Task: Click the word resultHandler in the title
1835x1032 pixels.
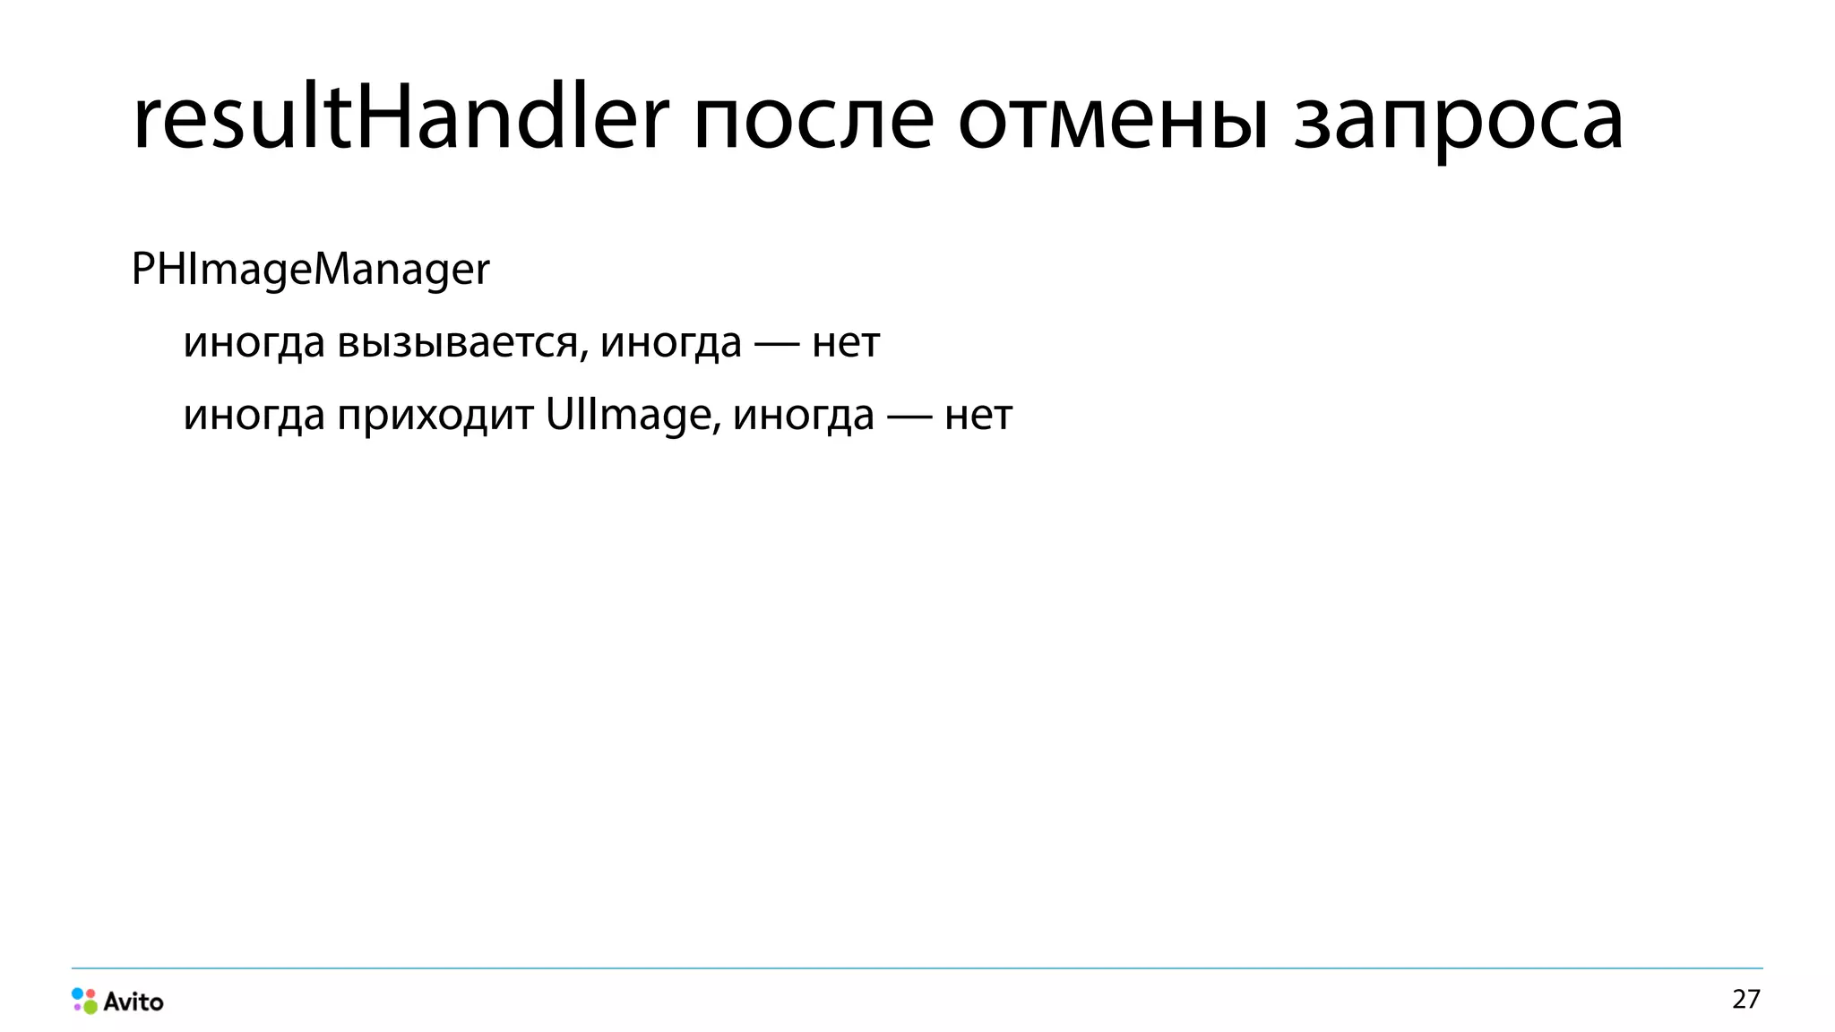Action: coord(401,118)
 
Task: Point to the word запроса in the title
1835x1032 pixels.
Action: coord(1458,124)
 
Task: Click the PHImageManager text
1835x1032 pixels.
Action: coord(310,270)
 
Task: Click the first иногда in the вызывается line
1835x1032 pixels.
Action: coord(254,343)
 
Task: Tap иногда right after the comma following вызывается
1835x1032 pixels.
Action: coord(671,343)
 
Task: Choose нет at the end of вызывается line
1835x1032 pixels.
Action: coord(846,343)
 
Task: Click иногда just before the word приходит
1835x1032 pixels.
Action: coord(254,416)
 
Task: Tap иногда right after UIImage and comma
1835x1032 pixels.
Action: coord(804,416)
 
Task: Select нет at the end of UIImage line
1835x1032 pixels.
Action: coord(978,416)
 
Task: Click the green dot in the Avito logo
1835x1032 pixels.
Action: coord(90,1007)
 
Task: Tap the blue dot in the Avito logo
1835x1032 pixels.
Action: coord(78,993)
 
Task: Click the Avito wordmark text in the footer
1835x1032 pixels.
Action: coord(134,1002)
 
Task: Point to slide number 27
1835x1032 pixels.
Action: coord(1746,999)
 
